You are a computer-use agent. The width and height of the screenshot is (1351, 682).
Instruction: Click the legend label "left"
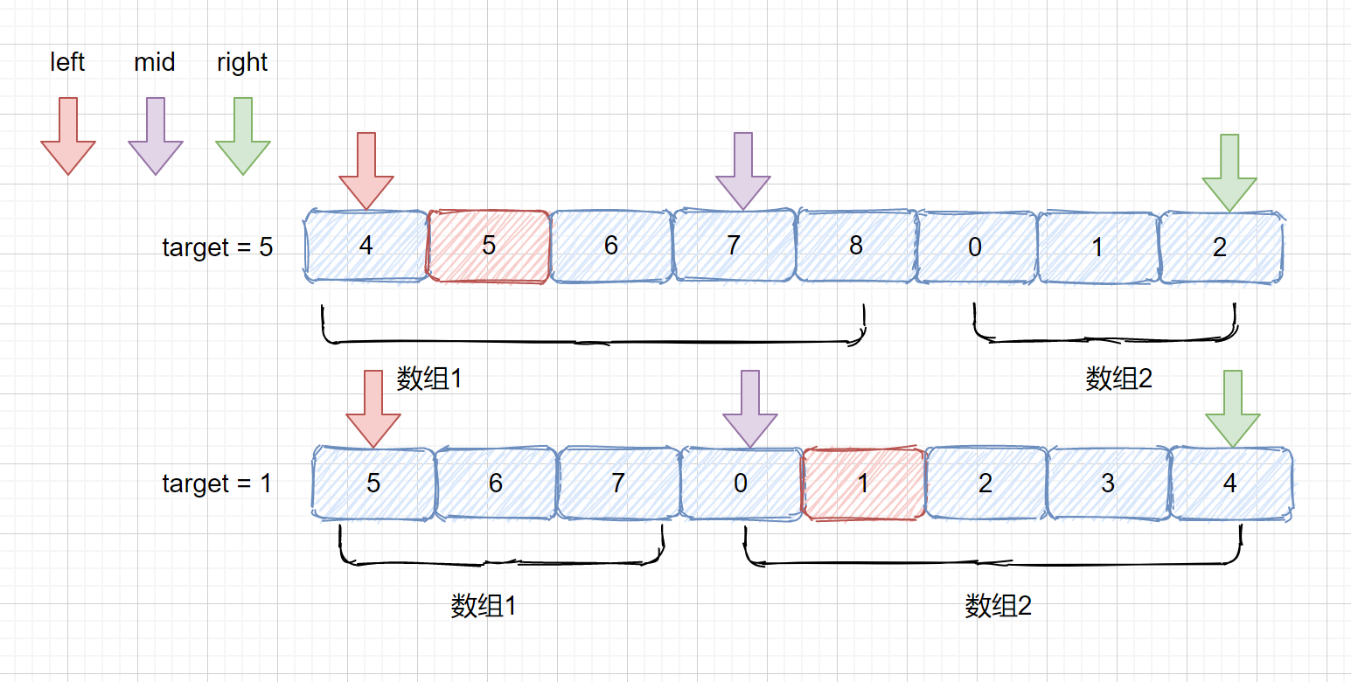[x=67, y=63]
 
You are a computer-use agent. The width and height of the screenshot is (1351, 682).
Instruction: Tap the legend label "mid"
[x=155, y=63]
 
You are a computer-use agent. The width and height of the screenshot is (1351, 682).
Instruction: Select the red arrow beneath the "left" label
[x=67, y=136]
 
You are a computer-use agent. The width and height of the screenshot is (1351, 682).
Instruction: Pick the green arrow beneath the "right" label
[x=243, y=136]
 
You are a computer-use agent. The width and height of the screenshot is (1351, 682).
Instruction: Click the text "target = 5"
[x=218, y=247]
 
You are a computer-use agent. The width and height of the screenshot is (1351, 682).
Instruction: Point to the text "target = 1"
[x=217, y=484]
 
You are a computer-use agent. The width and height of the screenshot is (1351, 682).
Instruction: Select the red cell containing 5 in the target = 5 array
[x=489, y=247]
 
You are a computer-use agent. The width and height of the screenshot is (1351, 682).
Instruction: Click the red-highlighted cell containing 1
[x=863, y=484]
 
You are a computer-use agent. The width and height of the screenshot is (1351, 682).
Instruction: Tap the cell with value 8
[x=856, y=247]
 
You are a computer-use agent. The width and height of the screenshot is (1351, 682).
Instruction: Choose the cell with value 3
[x=1108, y=484]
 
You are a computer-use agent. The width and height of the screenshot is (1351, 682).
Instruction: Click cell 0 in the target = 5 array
[x=975, y=247]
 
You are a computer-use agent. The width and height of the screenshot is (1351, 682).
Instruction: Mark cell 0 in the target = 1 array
[x=741, y=484]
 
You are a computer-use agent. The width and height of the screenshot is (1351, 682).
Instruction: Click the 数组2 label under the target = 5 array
[x=1119, y=379]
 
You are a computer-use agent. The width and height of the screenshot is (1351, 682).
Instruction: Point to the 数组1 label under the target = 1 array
[x=484, y=606]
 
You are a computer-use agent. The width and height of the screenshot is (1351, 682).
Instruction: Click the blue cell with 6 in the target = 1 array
[x=496, y=484]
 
